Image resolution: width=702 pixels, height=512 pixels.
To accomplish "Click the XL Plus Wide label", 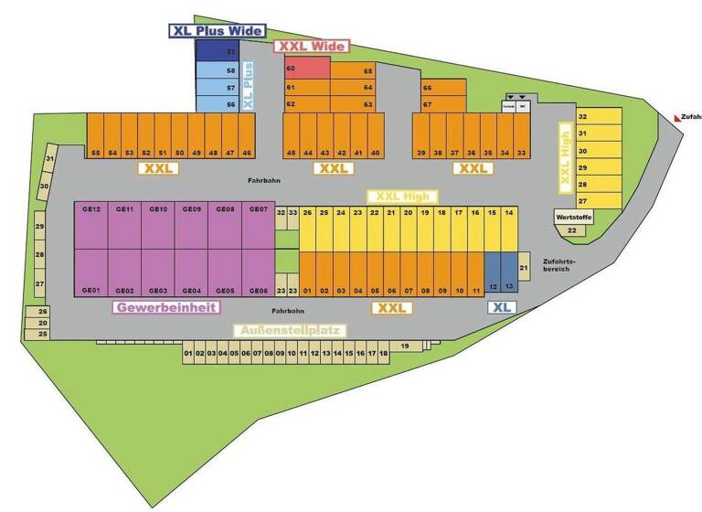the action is pos(217,30).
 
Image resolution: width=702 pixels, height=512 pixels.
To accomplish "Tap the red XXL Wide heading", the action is pos(312,46).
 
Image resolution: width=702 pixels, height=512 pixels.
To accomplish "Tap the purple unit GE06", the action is pos(258,273).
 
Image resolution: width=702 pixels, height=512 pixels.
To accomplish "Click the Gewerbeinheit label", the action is pos(165,307).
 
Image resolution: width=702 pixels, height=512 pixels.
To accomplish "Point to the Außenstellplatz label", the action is pos(289,330).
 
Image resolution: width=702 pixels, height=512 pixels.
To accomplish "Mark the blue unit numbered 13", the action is pos(509,273).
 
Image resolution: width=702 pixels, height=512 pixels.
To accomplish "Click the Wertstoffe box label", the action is pos(570,218).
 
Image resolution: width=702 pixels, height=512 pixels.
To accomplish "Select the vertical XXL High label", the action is pos(564,157).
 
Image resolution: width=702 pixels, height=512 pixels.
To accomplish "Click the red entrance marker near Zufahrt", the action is pos(676,116).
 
